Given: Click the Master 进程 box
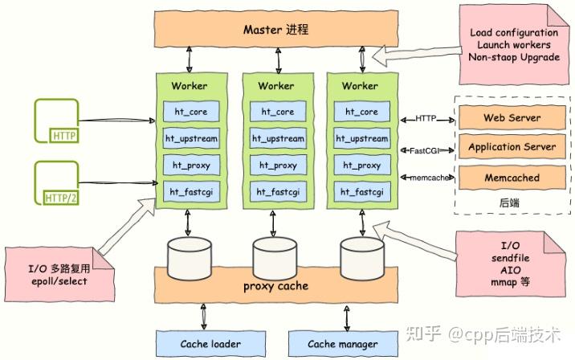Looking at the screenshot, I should (x=275, y=31).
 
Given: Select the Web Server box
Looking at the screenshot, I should (x=512, y=118).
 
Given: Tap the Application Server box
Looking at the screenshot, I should (x=512, y=148).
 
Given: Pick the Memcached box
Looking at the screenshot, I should (x=512, y=178).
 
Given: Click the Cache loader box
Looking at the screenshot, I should (x=210, y=344).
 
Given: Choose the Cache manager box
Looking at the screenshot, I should (x=343, y=344).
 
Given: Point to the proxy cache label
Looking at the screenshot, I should (x=275, y=286).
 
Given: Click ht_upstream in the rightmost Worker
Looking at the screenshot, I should (x=360, y=138).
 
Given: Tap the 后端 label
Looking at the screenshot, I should (x=509, y=204).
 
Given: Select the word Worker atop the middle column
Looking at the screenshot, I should (x=275, y=85).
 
